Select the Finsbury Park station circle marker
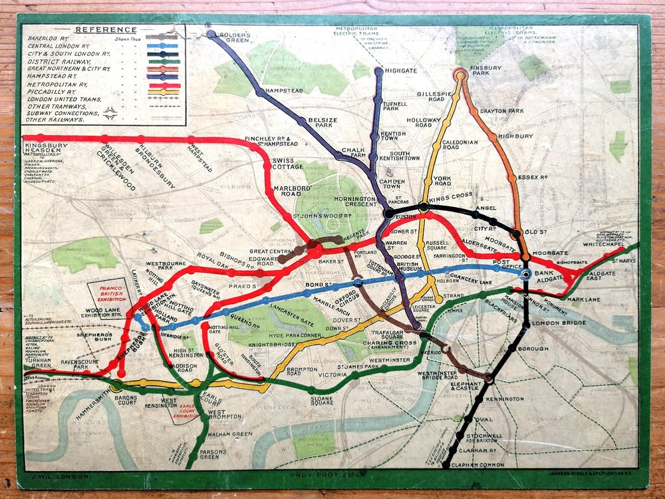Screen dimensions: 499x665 [459, 75]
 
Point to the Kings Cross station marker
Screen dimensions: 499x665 [424, 207]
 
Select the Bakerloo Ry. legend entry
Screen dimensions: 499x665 [51, 39]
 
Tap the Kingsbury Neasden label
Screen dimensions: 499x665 [45, 148]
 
